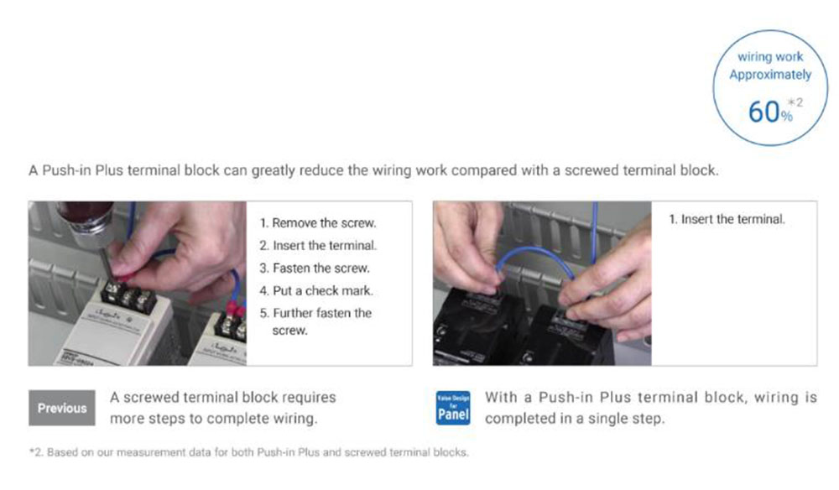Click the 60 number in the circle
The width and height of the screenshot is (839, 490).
tap(763, 112)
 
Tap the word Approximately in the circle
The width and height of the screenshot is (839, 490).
tap(770, 75)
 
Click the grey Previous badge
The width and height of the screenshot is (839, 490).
tap(62, 408)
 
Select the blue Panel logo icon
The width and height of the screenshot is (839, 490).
tap(453, 408)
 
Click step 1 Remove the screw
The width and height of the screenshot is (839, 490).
tap(318, 222)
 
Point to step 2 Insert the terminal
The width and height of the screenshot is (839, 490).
tap(318, 245)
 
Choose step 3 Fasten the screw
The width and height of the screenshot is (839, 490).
tap(315, 268)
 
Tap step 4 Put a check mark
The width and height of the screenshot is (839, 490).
tap(316, 290)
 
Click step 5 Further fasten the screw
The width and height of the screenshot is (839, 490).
tap(315, 321)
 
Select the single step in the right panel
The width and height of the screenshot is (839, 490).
tap(727, 219)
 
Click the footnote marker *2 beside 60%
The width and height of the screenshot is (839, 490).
tap(795, 102)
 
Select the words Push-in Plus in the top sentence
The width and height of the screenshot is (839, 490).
tap(82, 170)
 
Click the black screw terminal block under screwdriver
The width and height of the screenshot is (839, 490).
tap(128, 296)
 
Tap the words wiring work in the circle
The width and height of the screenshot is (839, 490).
tap(770, 57)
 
